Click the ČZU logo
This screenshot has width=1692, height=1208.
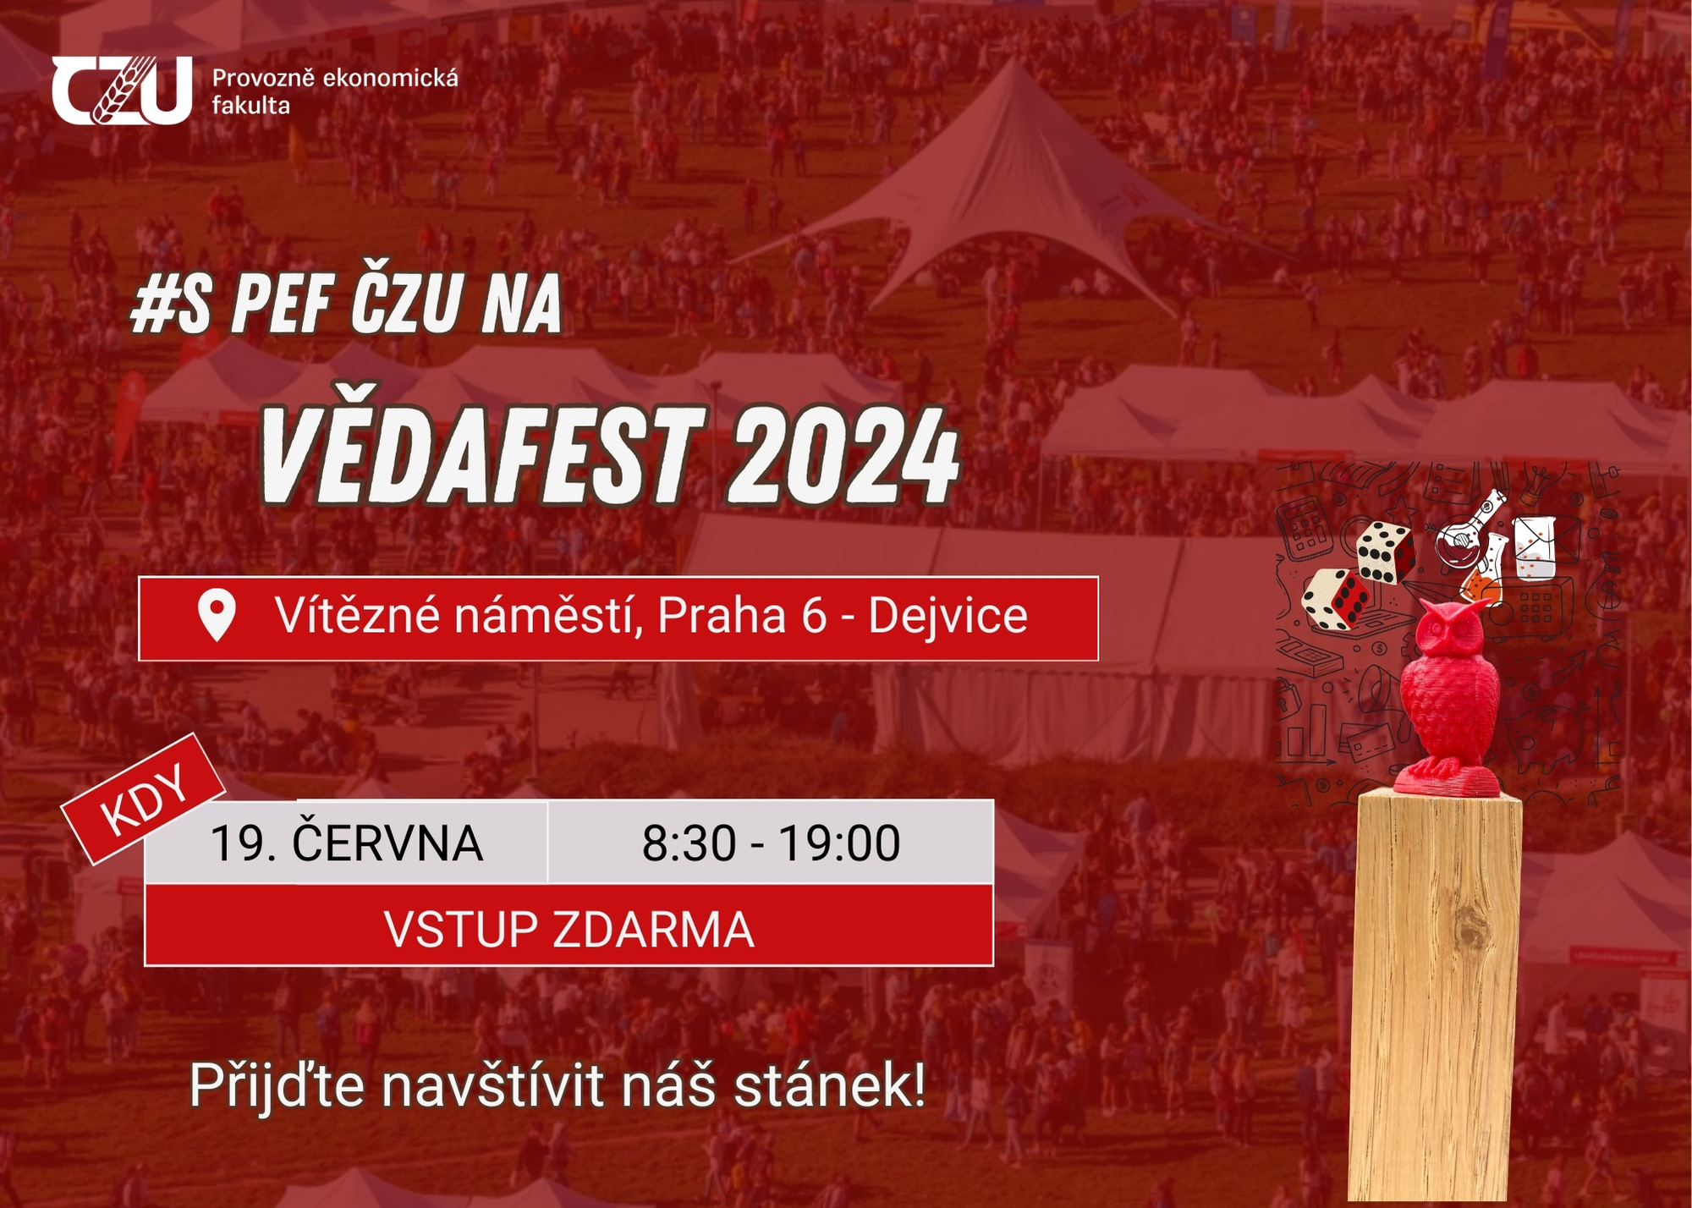122,91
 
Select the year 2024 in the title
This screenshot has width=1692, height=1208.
844,454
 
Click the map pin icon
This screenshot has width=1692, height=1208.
217,615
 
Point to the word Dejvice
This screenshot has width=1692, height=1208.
948,615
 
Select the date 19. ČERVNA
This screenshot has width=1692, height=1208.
346,843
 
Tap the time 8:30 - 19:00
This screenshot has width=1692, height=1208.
771,843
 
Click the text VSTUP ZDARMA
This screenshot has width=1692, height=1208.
569,929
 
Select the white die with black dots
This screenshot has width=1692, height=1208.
1386,552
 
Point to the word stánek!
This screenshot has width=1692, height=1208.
830,1085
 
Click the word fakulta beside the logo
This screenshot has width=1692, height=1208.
250,106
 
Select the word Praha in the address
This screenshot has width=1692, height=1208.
722,615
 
